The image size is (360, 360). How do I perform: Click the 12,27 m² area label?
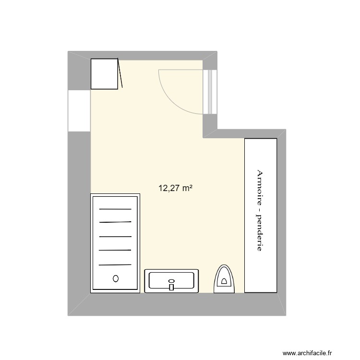176,189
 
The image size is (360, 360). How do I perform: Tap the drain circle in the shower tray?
115,278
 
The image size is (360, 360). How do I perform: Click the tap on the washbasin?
171,286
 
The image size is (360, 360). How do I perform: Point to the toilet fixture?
224,280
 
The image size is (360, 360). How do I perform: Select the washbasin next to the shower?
171,281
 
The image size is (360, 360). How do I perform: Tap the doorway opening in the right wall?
210,91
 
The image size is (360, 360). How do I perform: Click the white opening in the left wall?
79,110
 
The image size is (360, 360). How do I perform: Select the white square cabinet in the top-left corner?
104,73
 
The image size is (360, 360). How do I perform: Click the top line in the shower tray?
115,209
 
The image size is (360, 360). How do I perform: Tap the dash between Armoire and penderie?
260,209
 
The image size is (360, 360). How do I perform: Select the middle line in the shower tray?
115,237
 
